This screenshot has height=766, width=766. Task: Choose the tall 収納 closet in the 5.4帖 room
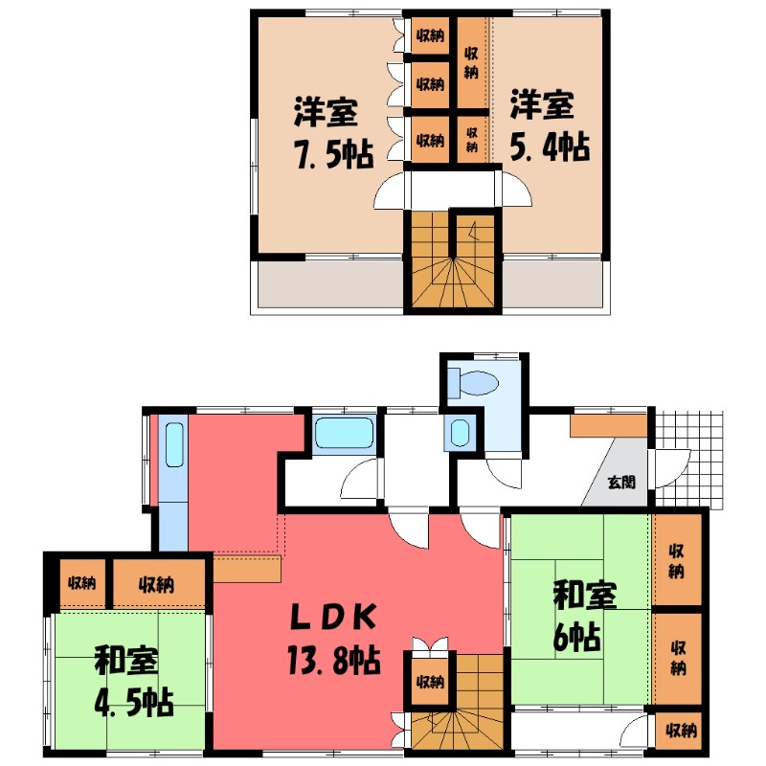(x=472, y=62)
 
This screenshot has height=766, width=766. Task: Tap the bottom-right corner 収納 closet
(x=680, y=731)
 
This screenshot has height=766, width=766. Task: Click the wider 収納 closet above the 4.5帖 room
(x=159, y=582)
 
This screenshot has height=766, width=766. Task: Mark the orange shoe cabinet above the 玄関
(x=609, y=425)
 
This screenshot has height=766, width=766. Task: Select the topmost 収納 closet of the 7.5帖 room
(x=430, y=36)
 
